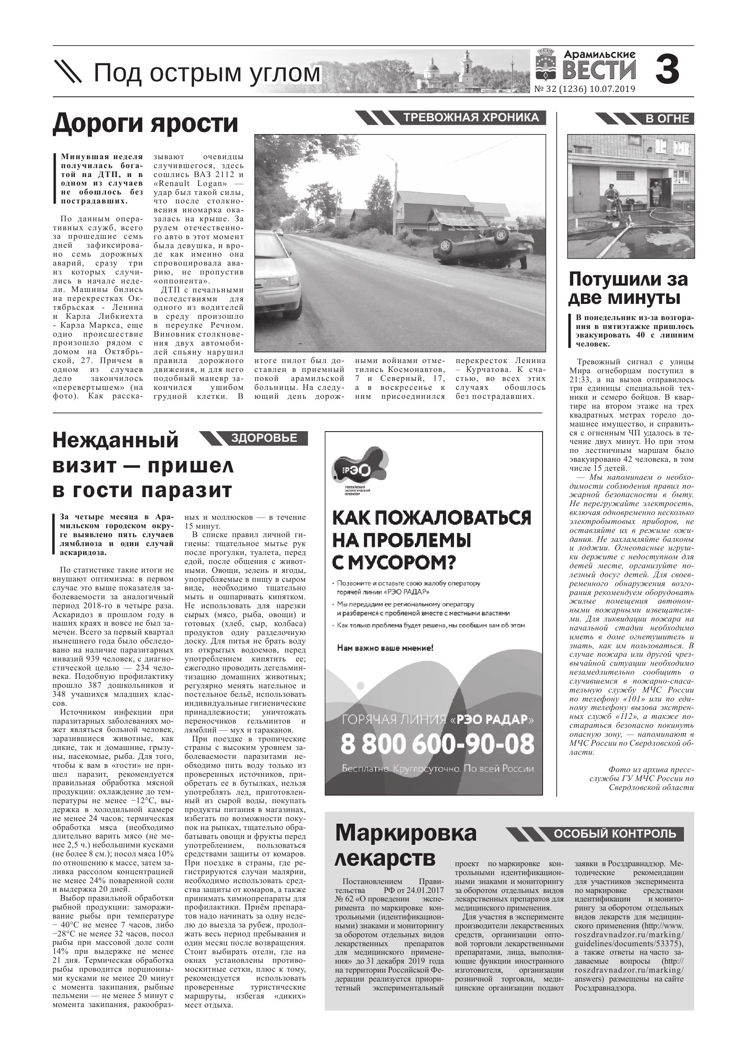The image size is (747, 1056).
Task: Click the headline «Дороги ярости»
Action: (x=146, y=123)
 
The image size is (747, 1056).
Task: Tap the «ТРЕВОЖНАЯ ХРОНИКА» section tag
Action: (x=471, y=118)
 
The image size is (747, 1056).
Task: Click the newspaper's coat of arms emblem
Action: (x=546, y=69)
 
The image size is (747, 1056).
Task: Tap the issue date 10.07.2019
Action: (x=612, y=89)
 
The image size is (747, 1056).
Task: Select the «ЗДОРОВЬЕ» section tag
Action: (x=264, y=438)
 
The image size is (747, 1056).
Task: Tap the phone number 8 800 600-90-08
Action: (x=437, y=744)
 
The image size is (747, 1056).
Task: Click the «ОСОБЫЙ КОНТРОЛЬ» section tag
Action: (x=615, y=833)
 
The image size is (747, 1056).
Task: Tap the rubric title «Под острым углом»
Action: (x=207, y=74)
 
